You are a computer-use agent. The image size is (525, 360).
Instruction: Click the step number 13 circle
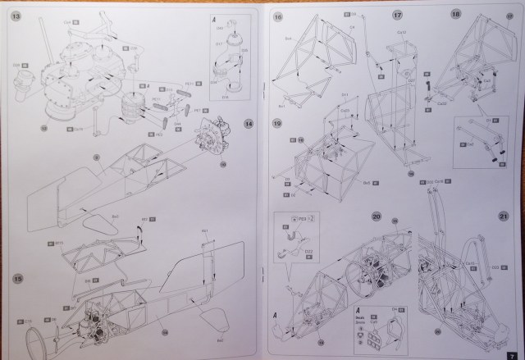tap(16, 16)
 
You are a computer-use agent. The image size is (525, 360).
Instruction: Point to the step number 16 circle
tap(279, 16)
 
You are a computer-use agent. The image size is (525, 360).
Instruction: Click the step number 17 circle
tap(398, 15)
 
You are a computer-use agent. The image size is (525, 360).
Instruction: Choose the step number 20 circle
tap(377, 216)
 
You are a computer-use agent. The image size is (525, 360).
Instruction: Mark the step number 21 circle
tap(504, 216)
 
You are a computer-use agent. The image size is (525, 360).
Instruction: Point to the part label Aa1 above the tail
tap(205, 232)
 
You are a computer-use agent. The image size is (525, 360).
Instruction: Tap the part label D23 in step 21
tap(495, 267)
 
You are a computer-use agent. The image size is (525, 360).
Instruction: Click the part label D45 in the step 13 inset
tap(219, 27)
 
